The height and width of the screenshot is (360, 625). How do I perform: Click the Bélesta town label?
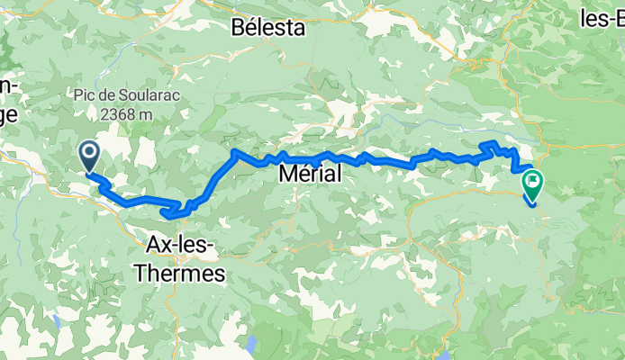268,27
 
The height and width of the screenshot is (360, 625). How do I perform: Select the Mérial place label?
311,175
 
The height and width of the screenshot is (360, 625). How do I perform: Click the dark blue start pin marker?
90,154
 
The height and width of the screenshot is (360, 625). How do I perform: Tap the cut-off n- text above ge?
7,85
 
